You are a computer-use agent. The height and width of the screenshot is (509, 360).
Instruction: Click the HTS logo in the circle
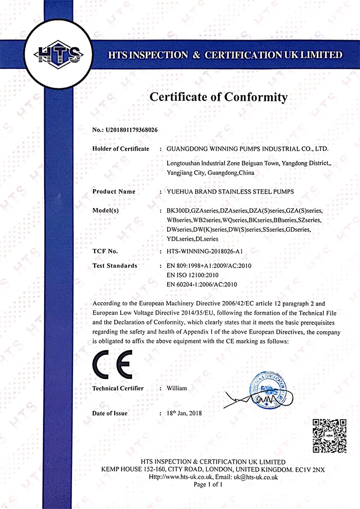[x=57, y=53]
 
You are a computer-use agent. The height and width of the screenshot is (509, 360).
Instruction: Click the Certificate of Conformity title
[x=218, y=96]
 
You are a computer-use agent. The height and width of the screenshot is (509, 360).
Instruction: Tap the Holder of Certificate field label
[x=121, y=149]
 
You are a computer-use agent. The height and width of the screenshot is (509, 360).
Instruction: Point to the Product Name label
[x=114, y=191]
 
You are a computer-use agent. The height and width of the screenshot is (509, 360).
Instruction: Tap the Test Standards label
[x=115, y=266]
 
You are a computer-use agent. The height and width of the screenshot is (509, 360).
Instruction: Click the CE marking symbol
[x=112, y=366]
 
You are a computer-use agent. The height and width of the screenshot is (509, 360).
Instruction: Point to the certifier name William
[x=177, y=388]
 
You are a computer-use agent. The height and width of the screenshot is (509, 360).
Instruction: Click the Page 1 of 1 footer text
[x=207, y=484]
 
